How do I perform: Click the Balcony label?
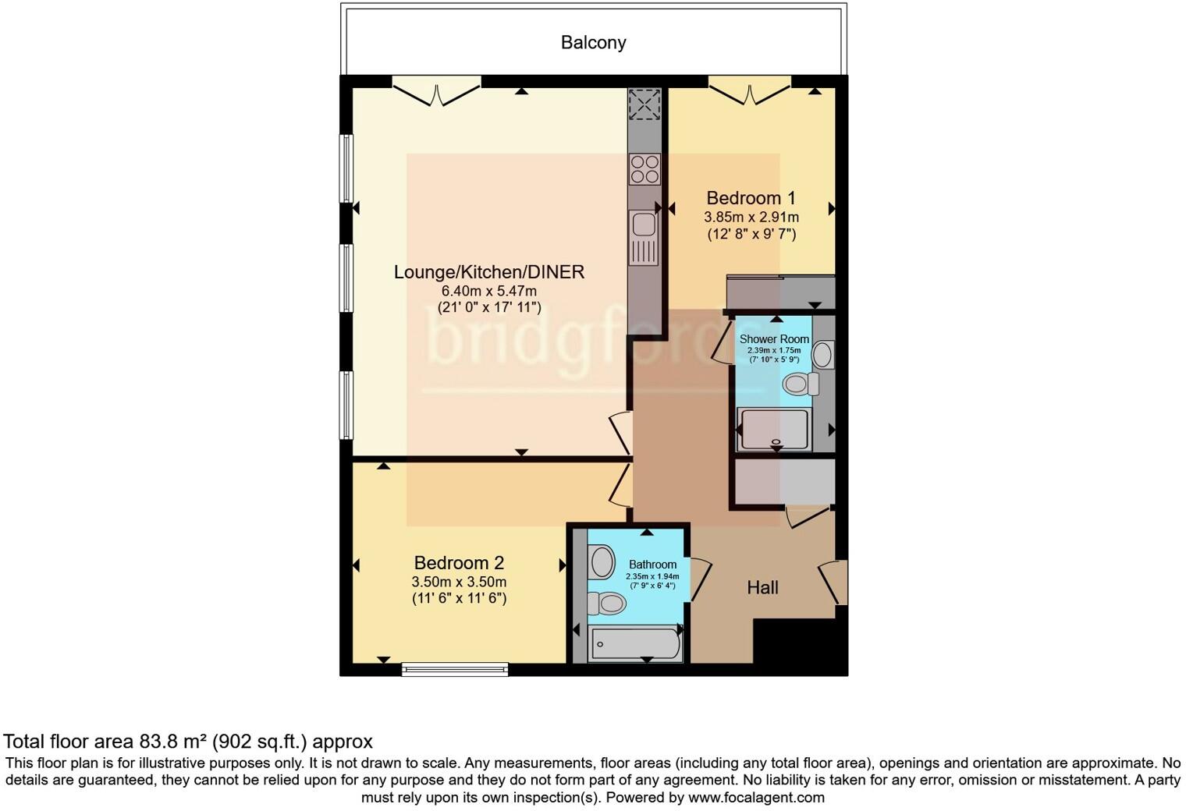click(x=593, y=42)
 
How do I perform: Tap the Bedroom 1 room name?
click(x=751, y=198)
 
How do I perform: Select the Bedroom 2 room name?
click(x=459, y=562)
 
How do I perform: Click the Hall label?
click(x=762, y=587)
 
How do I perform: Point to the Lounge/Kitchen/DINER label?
click(x=488, y=272)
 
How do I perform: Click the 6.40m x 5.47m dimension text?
click(x=488, y=291)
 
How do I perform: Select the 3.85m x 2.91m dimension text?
click(x=751, y=218)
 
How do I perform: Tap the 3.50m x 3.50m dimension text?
click(x=459, y=582)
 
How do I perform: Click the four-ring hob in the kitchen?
click(x=644, y=169)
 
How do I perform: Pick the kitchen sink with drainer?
click(x=644, y=238)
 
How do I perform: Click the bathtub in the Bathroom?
click(x=635, y=644)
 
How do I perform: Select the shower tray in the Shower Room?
click(x=775, y=429)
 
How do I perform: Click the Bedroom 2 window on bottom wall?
click(x=455, y=668)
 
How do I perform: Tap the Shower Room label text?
click(x=774, y=339)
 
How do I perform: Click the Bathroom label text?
click(x=652, y=565)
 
